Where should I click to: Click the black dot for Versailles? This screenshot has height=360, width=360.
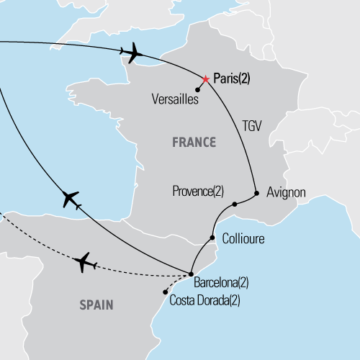point(197,90)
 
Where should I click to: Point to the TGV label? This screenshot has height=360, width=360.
point(252,125)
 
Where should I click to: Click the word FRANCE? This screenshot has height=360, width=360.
point(194,142)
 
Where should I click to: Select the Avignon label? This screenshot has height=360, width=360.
point(286,193)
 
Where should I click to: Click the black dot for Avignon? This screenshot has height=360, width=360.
point(257,192)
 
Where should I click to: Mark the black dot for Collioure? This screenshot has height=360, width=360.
point(212,238)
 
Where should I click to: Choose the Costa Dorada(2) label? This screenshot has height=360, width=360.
point(205,297)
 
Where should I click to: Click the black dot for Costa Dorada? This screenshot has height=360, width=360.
point(166,292)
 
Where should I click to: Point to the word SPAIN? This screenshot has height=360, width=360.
point(96,305)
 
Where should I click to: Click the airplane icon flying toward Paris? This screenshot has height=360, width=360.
point(133,52)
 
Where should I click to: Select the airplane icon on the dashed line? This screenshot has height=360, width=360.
point(86,262)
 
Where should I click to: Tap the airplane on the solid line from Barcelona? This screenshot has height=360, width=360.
point(71,199)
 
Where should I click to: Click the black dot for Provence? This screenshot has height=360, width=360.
point(235,204)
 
